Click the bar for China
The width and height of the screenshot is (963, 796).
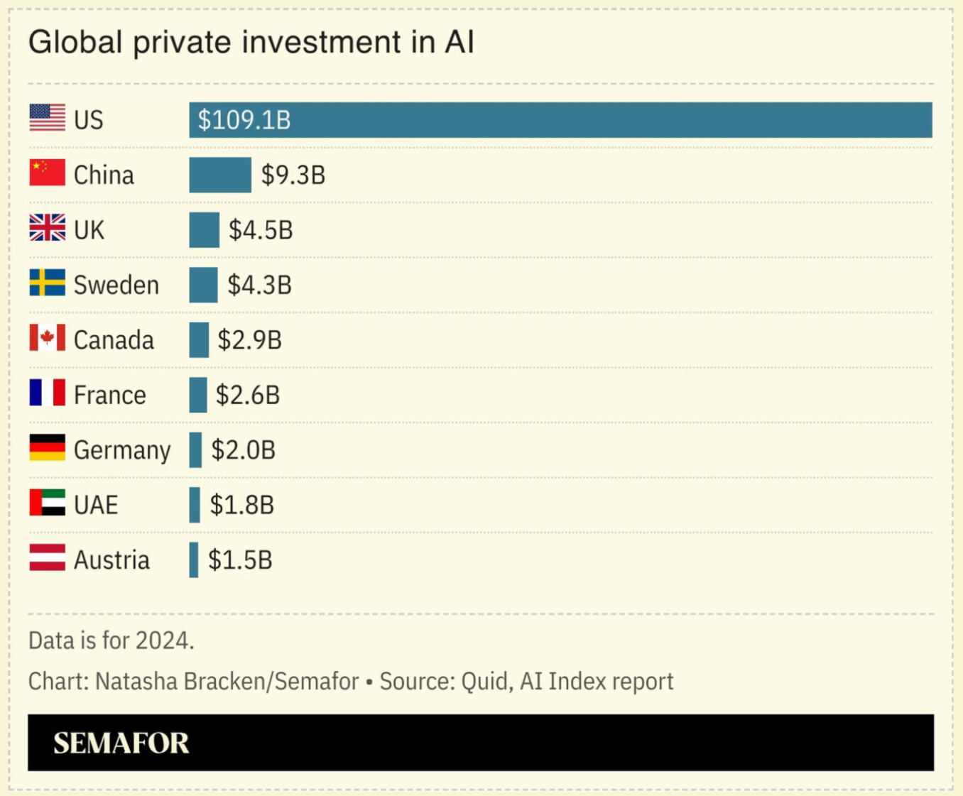coord(220,175)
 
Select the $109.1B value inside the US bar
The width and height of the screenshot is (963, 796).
coord(244,120)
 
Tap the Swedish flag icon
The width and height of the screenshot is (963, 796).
coord(48,283)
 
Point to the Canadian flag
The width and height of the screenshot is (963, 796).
coord(48,338)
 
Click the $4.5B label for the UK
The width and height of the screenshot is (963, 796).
coord(261,230)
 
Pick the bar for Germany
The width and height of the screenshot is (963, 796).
coord(195,450)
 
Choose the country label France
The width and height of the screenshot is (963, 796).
coord(110,395)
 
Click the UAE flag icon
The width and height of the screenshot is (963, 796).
coord(48,503)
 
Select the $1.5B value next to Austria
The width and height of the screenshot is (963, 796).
coord(240,560)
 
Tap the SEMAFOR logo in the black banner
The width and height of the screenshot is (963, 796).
coord(121,743)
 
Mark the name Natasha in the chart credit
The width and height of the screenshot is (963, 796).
coord(136,682)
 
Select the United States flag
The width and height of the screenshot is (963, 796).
coord(48,118)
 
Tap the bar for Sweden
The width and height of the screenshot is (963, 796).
coord(204,285)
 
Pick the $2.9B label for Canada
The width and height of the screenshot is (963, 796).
coord(250,340)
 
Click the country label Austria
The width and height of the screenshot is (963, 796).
coord(112,560)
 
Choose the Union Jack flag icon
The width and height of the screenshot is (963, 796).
coord(48,228)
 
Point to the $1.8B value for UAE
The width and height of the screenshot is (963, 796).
coord(242,505)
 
